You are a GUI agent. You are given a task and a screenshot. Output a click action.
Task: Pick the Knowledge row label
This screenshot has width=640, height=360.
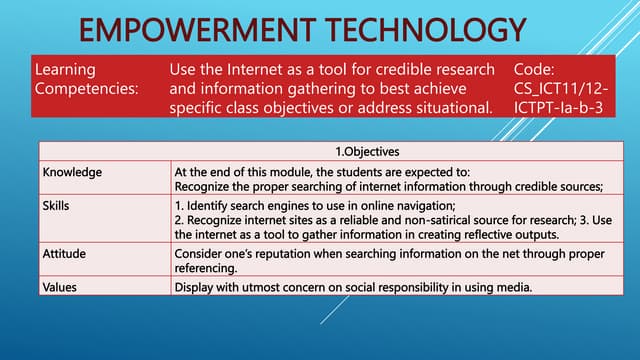pyautogui.click(x=72, y=172)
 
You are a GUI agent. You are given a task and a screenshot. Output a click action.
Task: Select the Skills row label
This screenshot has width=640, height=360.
pyautogui.click(x=58, y=205)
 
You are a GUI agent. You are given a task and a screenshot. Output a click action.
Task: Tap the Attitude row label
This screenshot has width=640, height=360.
pyautogui.click(x=66, y=254)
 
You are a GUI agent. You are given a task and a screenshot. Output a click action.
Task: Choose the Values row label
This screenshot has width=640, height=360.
pyautogui.click(x=62, y=288)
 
